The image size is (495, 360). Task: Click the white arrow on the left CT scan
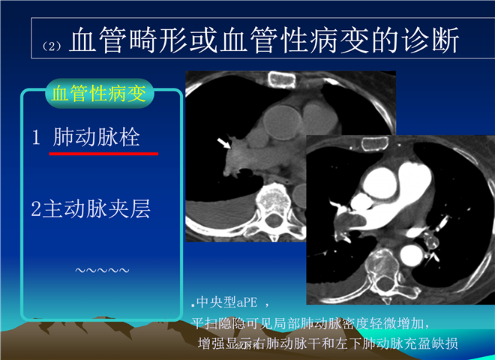coord(224,143)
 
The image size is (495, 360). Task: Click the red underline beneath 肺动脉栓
coord(103,154)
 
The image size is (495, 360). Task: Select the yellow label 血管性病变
coord(99,94)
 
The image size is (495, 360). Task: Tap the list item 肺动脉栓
coord(96,137)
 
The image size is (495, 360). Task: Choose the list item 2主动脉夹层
coord(91,208)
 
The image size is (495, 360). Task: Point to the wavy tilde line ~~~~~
coord(102,270)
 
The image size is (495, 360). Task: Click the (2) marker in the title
coord(52,46)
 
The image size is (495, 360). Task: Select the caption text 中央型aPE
coord(226,302)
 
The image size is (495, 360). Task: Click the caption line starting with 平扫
coord(310,323)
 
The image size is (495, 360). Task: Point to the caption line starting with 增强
coord(328,343)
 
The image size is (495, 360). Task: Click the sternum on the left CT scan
coord(281,79)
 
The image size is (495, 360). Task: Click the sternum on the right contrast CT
coord(374,144)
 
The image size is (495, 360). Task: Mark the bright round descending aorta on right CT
coord(411,255)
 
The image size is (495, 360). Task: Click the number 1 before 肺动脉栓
coord(36,137)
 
